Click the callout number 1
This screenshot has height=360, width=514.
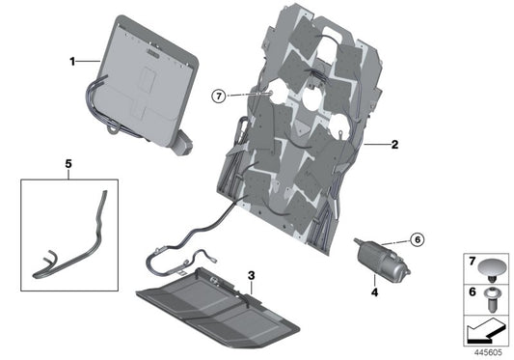[71, 61]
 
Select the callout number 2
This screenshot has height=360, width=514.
[393, 145]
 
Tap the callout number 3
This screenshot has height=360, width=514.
[251, 276]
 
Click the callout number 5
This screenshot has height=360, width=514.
[68, 163]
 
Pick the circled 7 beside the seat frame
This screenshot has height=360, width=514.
[220, 96]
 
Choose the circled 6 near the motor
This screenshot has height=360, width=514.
[418, 239]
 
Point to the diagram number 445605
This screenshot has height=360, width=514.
[491, 352]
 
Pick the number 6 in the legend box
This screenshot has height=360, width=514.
[473, 291]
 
